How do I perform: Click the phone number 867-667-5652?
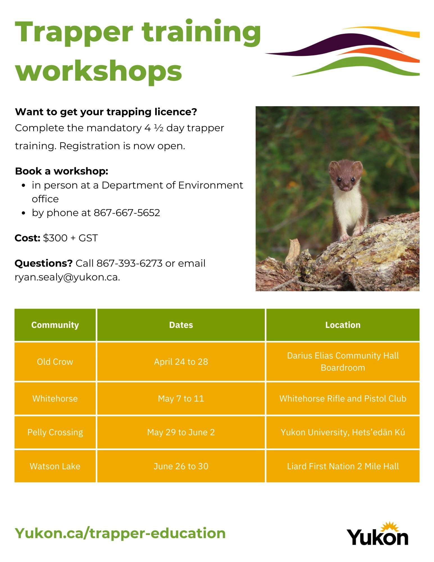point(127,213)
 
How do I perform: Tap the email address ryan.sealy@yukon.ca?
point(67,277)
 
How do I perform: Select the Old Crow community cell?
point(55,362)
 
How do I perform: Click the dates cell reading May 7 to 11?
point(181,398)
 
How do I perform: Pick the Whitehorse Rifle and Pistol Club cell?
point(343,398)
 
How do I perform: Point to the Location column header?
point(343,325)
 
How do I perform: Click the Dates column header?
point(181,325)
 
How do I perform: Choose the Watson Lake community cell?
point(55,466)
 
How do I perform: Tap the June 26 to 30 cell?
point(181,466)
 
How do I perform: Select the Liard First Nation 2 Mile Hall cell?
point(343,466)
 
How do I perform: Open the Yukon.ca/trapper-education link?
point(120,533)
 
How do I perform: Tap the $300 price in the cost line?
point(55,238)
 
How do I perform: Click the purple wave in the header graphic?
point(337,45)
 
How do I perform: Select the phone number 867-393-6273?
point(129,263)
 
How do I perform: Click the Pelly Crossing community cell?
point(55,432)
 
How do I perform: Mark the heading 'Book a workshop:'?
point(62,171)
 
